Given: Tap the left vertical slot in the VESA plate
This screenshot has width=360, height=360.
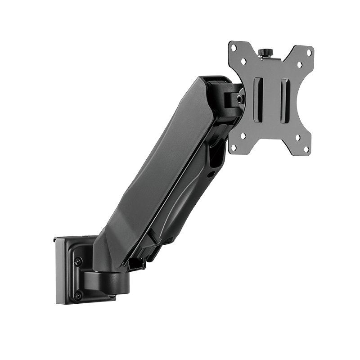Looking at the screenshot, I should [258, 100].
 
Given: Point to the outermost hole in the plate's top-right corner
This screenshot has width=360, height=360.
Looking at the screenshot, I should [309, 53].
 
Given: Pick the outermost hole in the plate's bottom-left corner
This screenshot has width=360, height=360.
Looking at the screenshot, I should [233, 146].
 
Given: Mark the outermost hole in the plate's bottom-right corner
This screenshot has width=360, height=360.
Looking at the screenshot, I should [306, 148].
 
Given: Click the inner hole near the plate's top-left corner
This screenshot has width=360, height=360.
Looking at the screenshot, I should [243, 60].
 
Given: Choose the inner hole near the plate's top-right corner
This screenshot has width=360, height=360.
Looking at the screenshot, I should [299, 64].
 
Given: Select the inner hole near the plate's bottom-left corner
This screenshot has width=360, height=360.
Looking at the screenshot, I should [243, 135].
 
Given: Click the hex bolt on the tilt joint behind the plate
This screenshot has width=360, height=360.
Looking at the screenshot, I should [241, 96].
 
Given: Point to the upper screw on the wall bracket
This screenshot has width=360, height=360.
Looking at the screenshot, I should [78, 261].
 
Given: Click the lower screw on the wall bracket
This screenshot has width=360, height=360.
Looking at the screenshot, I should [78, 295].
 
